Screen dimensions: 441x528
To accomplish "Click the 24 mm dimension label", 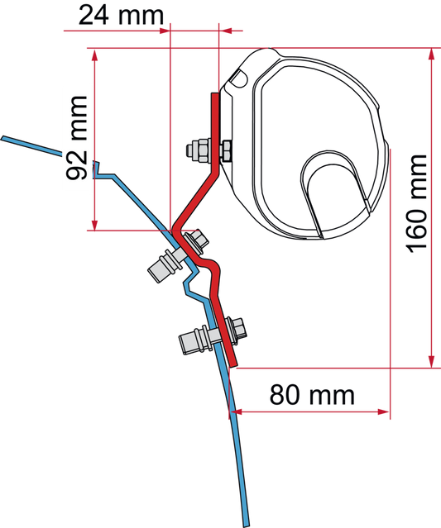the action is coord(121,15).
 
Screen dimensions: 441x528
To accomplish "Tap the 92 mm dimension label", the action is coord(77,138).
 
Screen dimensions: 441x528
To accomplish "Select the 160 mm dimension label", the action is coord(417,203).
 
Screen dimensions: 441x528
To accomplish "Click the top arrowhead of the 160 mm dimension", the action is coord(431,55).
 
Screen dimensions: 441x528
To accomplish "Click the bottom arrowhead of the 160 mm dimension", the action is coord(431,362).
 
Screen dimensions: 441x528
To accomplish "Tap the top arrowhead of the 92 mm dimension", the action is coord(95,55).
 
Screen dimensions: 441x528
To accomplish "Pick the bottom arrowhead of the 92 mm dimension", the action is coord(95,225).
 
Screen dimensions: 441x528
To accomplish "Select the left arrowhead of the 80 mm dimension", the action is coord(237,411).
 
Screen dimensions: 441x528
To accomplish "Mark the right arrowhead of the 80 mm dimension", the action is coord(384,411).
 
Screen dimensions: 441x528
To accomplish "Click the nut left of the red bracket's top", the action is coord(199,150).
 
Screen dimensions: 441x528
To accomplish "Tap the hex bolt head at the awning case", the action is coord(225,150).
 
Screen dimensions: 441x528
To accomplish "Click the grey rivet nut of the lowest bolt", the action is coord(195,340).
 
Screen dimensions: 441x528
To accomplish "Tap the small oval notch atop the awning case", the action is coord(239,78).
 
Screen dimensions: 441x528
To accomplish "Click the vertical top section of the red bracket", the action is coord(214,131).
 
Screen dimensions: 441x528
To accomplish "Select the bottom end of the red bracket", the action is coord(233,364).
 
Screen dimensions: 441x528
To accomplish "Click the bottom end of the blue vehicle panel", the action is coord(247,524).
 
